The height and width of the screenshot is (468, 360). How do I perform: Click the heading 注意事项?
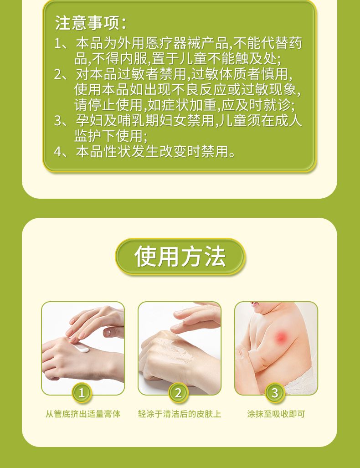[90, 23]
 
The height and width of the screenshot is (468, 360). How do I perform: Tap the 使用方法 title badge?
[180, 257]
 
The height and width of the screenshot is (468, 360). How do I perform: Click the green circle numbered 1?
[82, 392]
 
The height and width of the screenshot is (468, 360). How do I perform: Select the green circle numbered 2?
[178, 392]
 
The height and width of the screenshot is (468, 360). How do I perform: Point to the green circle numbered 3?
[275, 392]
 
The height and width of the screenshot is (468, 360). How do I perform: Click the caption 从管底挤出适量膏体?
[83, 414]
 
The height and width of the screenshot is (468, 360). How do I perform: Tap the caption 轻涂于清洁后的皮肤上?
[180, 414]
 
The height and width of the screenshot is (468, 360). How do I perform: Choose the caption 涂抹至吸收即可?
[276, 414]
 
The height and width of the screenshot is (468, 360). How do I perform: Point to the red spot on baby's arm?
[281, 338]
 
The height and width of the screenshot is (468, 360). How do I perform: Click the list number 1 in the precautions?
[58, 44]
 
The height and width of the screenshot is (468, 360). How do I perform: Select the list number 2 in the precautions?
[58, 74]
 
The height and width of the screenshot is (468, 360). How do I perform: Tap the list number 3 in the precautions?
[58, 121]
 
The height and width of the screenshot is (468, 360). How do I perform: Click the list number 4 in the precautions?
[58, 152]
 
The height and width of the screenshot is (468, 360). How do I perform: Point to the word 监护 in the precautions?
[88, 136]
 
